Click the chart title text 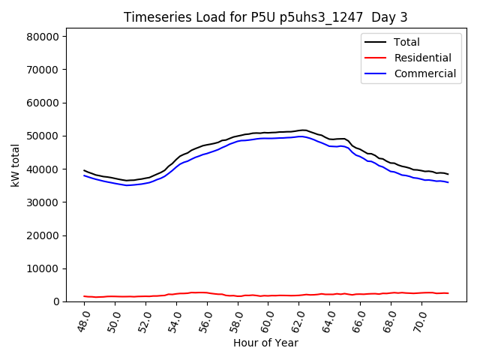tap(266, 17)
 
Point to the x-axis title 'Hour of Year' tap(265, 343)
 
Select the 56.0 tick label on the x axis tap(202, 321)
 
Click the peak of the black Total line tap(302, 130)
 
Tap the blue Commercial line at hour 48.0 tap(84, 175)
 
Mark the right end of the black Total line tap(448, 174)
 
